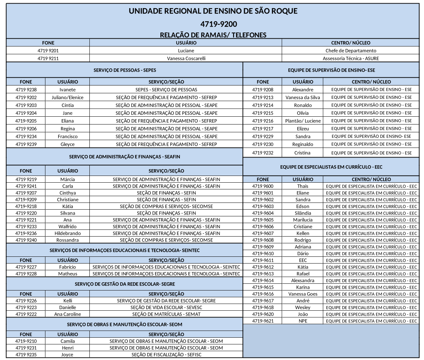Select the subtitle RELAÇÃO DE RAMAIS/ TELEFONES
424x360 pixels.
[213, 35]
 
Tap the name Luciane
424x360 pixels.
[186, 51]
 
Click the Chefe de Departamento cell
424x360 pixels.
[351, 51]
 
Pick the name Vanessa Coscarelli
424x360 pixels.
[186, 59]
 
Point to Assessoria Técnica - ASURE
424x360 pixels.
[351, 59]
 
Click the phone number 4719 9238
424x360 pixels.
[26, 90]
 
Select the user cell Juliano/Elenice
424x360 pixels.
[67, 98]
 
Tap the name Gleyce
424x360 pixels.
[67, 144]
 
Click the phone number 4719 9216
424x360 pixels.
[263, 121]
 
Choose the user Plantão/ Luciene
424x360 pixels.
[303, 121]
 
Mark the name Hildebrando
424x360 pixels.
[67, 233]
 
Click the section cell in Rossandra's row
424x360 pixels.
[166, 240]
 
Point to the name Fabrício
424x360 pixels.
[67, 267]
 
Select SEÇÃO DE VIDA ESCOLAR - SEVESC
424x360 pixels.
[166, 308]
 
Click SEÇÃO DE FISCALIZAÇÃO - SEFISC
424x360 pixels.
[166, 355]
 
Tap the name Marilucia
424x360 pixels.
[303, 220]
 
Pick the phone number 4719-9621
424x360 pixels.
[263, 321]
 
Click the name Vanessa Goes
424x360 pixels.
[303, 294]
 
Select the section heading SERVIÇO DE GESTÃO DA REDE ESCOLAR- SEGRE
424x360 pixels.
[125, 284]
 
